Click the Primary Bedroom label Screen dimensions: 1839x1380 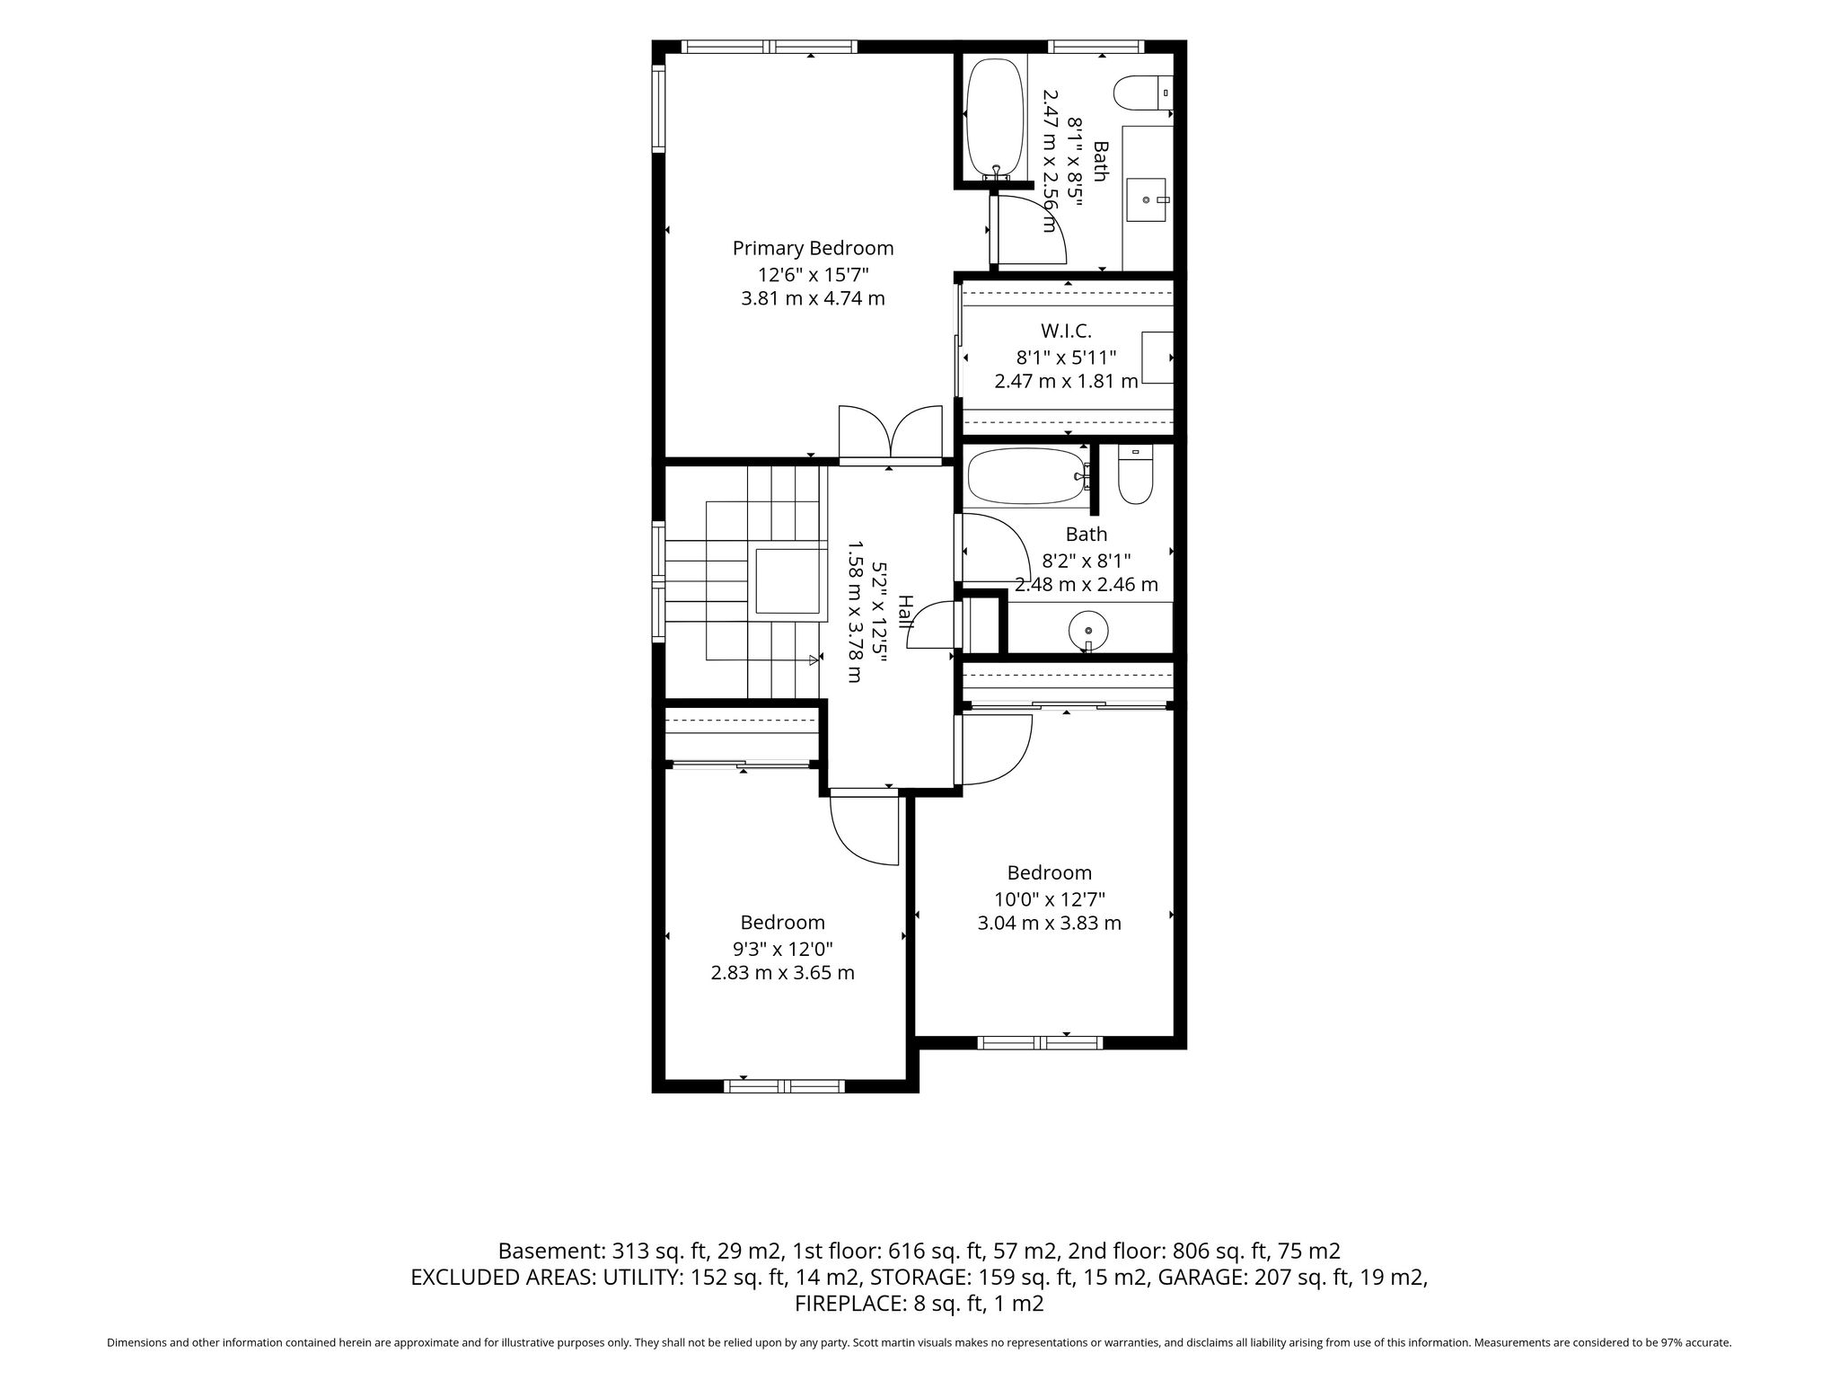pos(813,248)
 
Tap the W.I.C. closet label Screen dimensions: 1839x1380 pos(1066,332)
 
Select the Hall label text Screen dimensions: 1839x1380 pos(906,611)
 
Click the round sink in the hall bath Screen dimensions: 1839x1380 pos(1088,630)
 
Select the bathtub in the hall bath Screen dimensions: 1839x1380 pos(1026,476)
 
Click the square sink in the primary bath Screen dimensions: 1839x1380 pos(1148,199)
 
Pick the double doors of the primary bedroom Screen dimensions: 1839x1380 pos(890,433)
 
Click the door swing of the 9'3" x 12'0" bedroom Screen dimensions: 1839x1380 pos(864,827)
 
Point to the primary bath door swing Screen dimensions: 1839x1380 pos(1029,230)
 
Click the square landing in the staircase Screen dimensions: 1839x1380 pos(787,580)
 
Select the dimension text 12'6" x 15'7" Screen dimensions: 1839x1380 pos(814,274)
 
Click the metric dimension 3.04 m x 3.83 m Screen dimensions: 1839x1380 pos(1049,923)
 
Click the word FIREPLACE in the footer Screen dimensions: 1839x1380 pos(845,1304)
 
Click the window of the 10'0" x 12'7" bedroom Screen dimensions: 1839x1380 pos(1040,1042)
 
